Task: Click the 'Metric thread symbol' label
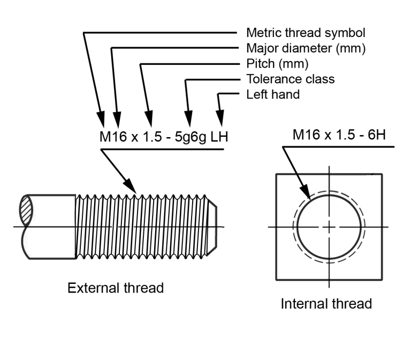pos(306,33)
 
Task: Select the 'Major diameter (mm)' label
pos(306,48)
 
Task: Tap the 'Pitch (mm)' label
pos(277,64)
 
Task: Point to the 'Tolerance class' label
pos(290,79)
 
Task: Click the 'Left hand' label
pos(273,95)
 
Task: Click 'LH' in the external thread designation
pos(219,137)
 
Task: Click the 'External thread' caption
pos(116,288)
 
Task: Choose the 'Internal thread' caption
pos(326,304)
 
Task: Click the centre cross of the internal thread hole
pos(329,227)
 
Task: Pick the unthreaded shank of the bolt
pos(54,227)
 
